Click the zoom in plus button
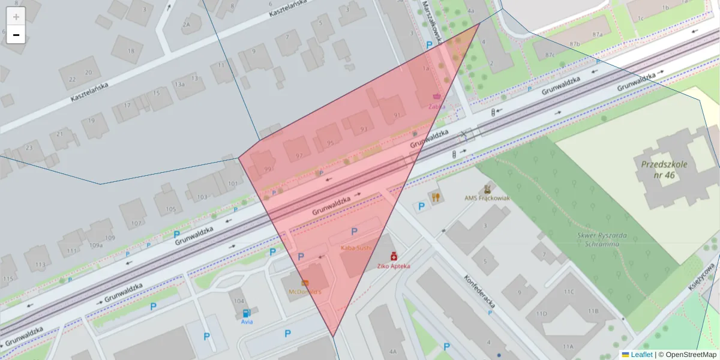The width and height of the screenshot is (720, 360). tap(16, 16)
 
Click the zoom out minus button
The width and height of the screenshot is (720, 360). tap(16, 35)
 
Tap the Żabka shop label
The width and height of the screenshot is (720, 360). tap(437, 106)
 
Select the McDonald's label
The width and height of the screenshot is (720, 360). tap(305, 292)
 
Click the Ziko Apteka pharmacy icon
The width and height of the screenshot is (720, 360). tap(394, 256)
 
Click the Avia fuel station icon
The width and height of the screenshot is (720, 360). tap(246, 313)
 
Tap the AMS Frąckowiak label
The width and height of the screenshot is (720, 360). tap(487, 197)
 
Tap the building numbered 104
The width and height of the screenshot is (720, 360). tap(239, 301)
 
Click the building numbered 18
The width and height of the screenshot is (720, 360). tap(131, 51)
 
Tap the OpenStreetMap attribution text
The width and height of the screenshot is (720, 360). tap(687, 355)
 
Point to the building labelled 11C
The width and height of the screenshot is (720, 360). tap(568, 292)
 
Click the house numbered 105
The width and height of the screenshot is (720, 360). tap(171, 209)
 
